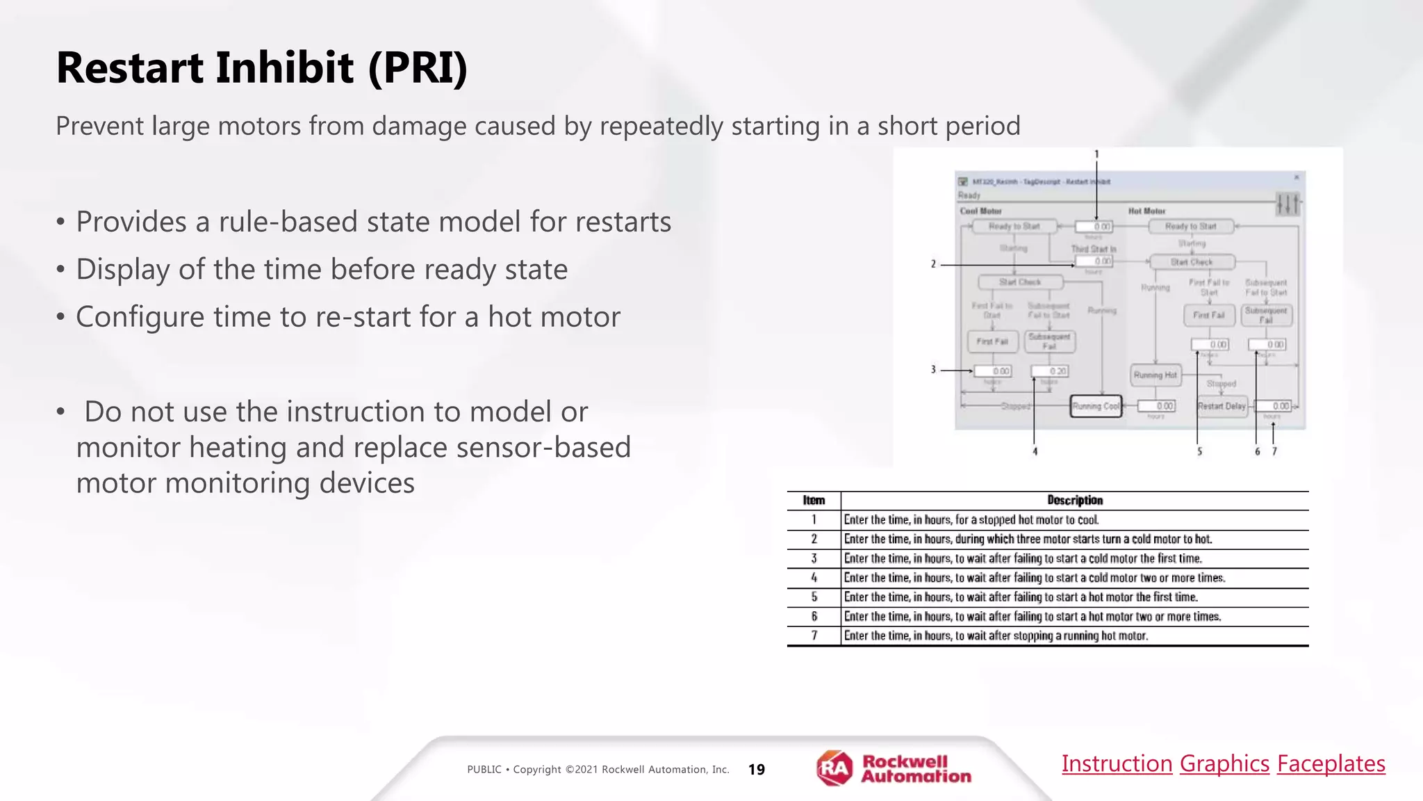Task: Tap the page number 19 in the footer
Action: pos(756,770)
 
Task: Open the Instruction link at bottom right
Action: pos(1117,763)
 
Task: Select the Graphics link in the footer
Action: pos(1224,763)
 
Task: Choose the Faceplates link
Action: pos(1331,763)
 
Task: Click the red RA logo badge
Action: pos(834,768)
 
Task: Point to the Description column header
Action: pos(1074,501)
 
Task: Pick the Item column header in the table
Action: pos(814,501)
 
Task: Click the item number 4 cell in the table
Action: pos(814,578)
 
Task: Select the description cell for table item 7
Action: pos(996,636)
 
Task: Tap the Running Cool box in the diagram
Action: pos(1096,406)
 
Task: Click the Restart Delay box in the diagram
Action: pos(1222,406)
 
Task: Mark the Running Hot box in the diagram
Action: pos(1155,375)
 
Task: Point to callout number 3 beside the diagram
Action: pos(933,370)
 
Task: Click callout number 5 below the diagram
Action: pos(1199,451)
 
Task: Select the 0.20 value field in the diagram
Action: pos(1049,371)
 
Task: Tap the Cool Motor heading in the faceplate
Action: pos(980,211)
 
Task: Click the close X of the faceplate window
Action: pos(1296,178)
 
